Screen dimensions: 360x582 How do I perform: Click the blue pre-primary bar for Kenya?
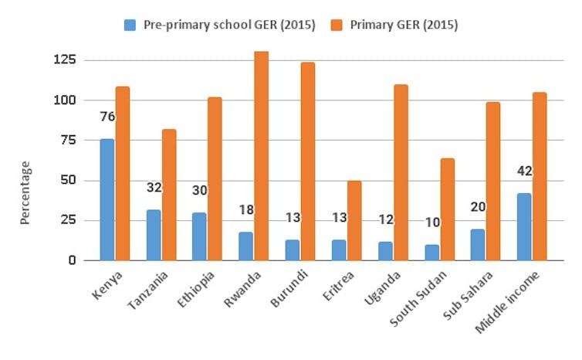click(x=107, y=199)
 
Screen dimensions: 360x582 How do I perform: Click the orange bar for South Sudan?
click(x=447, y=209)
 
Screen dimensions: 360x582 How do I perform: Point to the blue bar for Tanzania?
click(x=153, y=235)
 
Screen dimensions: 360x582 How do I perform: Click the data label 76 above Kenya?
click(x=107, y=117)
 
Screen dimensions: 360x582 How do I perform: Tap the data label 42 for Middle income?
click(x=524, y=171)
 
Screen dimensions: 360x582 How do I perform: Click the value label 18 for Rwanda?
click(x=245, y=210)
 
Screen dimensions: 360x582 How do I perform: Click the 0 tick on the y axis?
click(x=71, y=260)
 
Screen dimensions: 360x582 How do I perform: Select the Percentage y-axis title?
click(x=25, y=192)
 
